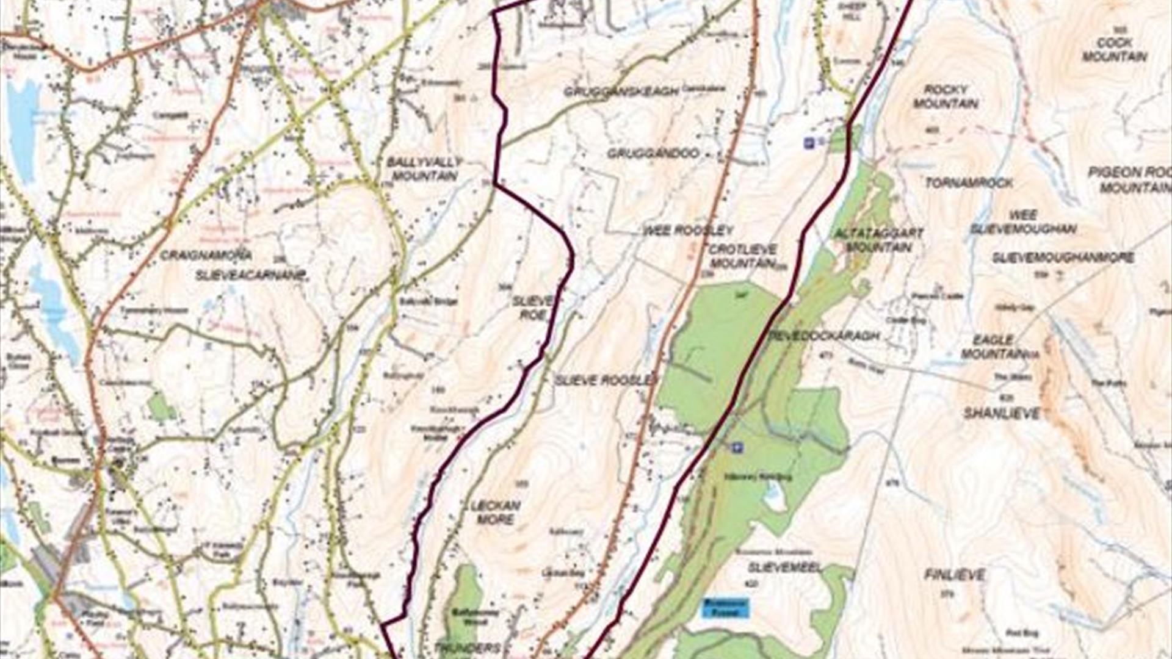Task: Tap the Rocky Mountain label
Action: (946, 96)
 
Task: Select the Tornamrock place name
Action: (969, 182)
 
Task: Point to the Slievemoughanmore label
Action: (1063, 257)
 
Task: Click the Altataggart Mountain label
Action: (879, 240)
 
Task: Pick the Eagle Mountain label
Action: (994, 347)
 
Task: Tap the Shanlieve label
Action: (1001, 414)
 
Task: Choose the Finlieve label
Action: (954, 575)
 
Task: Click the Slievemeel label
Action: (784, 567)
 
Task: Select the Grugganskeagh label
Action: (621, 92)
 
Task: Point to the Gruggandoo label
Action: (653, 153)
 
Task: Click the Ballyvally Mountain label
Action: (424, 169)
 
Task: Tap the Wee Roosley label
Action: (688, 231)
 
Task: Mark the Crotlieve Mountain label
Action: (743, 256)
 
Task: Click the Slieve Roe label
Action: (532, 308)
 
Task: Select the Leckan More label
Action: (495, 513)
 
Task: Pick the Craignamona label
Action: (206, 254)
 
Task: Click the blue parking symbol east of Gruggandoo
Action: (809, 143)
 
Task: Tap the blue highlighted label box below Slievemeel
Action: (725, 607)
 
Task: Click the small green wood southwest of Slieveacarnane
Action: (161, 406)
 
